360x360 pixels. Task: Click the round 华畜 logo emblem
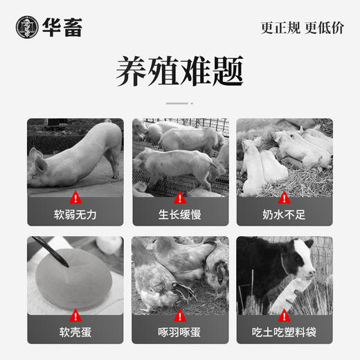point(27,27)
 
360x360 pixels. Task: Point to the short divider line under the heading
point(179,103)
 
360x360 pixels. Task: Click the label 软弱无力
point(75,214)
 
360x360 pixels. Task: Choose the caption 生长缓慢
point(179,214)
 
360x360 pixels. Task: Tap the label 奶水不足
point(285,214)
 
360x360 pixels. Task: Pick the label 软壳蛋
point(75,332)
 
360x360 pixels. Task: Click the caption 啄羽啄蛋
point(179,332)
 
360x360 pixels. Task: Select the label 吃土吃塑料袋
point(285,332)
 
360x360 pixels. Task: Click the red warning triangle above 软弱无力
point(75,197)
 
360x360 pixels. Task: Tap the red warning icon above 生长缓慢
point(179,197)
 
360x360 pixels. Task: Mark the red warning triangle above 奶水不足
point(285,197)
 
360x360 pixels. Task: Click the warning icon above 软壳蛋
point(75,316)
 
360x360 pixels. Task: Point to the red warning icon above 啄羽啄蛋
point(179,316)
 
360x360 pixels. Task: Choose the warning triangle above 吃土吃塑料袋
point(285,316)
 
